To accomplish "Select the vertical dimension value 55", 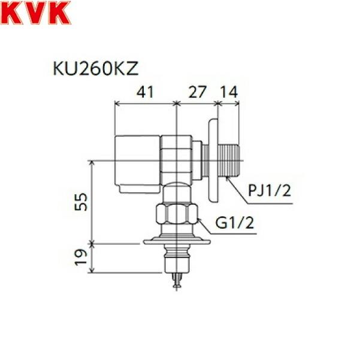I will (84, 202).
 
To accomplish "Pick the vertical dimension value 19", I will (84, 258).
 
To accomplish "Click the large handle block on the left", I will (137, 159).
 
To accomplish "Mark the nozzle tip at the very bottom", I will (176, 282).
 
